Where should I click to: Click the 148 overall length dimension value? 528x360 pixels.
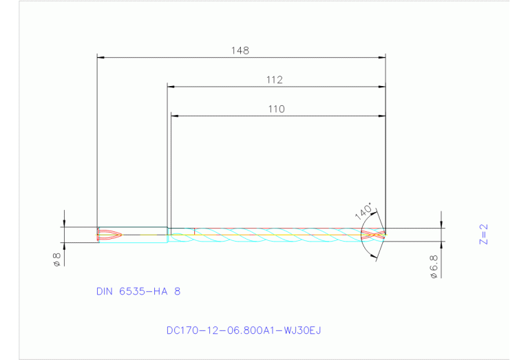(240, 50)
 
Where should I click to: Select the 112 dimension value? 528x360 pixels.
(275, 80)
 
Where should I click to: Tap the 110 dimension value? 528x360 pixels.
(276, 109)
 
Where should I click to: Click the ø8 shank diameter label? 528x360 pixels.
(57, 259)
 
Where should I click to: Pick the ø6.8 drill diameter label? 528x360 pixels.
(434, 265)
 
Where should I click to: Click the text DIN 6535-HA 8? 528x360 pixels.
(138, 291)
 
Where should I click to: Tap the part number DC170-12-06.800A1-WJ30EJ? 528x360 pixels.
(244, 330)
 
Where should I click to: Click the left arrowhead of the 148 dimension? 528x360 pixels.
(101, 58)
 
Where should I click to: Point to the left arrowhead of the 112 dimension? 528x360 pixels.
(171, 87)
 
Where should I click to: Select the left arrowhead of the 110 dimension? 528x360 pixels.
(174, 116)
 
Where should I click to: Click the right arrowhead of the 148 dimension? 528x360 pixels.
(381, 58)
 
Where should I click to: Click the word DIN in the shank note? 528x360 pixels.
(105, 291)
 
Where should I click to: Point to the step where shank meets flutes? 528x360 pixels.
(169, 235)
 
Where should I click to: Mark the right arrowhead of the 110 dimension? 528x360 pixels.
(381, 116)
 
